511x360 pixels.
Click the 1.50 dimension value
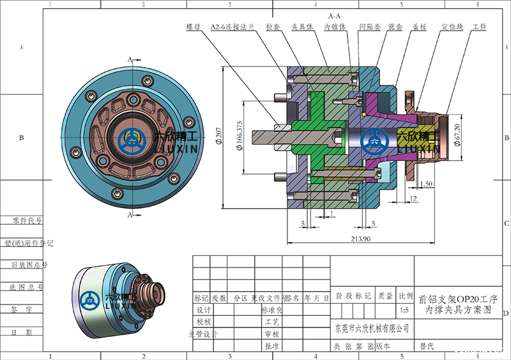427,184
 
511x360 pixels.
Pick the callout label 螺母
194,27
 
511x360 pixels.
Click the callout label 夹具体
301,27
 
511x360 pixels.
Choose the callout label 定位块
451,27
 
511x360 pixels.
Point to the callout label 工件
479,27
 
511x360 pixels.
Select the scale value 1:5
404,311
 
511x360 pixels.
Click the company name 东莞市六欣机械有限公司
372,328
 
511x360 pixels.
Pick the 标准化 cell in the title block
272,310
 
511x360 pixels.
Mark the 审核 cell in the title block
272,333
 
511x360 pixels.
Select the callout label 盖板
420,27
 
